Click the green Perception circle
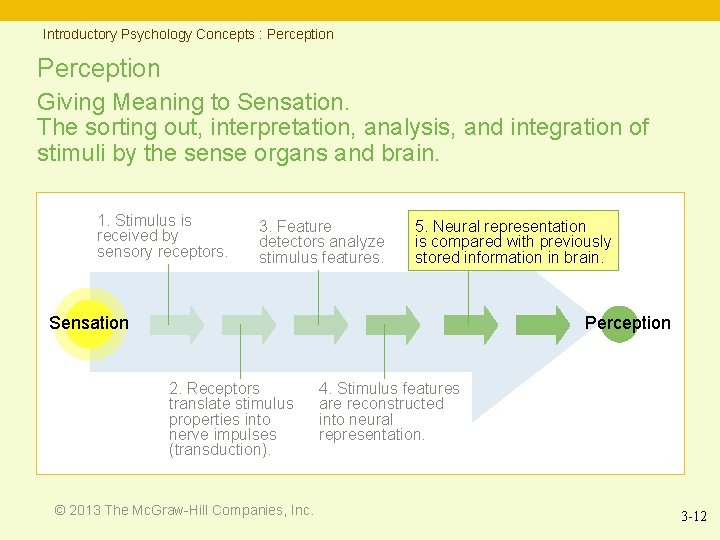click(620, 323)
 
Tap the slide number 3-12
click(693, 517)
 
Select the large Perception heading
click(98, 69)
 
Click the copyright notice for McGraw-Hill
click(184, 510)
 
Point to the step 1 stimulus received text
click(161, 236)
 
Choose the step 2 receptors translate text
click(231, 419)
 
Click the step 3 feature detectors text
click(321, 242)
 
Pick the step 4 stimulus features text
click(389, 411)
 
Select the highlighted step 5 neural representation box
click(514, 241)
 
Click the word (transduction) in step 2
click(220, 450)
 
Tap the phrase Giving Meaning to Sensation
click(192, 101)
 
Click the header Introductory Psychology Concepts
click(149, 34)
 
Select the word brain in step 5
click(582, 257)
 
